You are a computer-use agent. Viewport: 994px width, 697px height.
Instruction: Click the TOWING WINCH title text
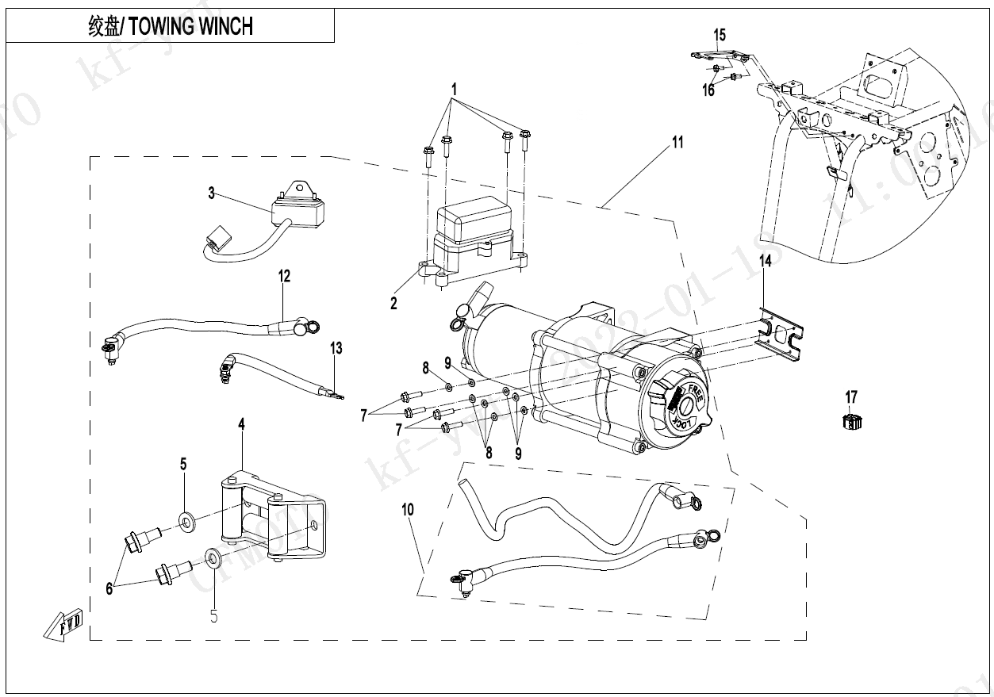(x=171, y=26)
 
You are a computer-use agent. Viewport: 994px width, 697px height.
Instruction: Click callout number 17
(x=851, y=396)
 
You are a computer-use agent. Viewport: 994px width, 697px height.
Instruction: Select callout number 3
(x=212, y=193)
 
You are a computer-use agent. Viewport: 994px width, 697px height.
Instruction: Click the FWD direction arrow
(x=64, y=625)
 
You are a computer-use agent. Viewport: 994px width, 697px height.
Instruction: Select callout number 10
(x=408, y=509)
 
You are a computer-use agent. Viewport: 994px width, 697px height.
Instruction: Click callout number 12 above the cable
(x=284, y=276)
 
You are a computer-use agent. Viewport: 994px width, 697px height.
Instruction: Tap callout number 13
(x=336, y=347)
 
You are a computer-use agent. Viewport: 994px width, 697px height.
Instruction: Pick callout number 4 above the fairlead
(x=241, y=425)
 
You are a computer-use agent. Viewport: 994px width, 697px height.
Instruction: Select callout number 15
(x=720, y=35)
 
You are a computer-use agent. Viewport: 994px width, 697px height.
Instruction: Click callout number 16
(x=708, y=90)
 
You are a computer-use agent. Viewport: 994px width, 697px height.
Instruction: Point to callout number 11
(x=677, y=143)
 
